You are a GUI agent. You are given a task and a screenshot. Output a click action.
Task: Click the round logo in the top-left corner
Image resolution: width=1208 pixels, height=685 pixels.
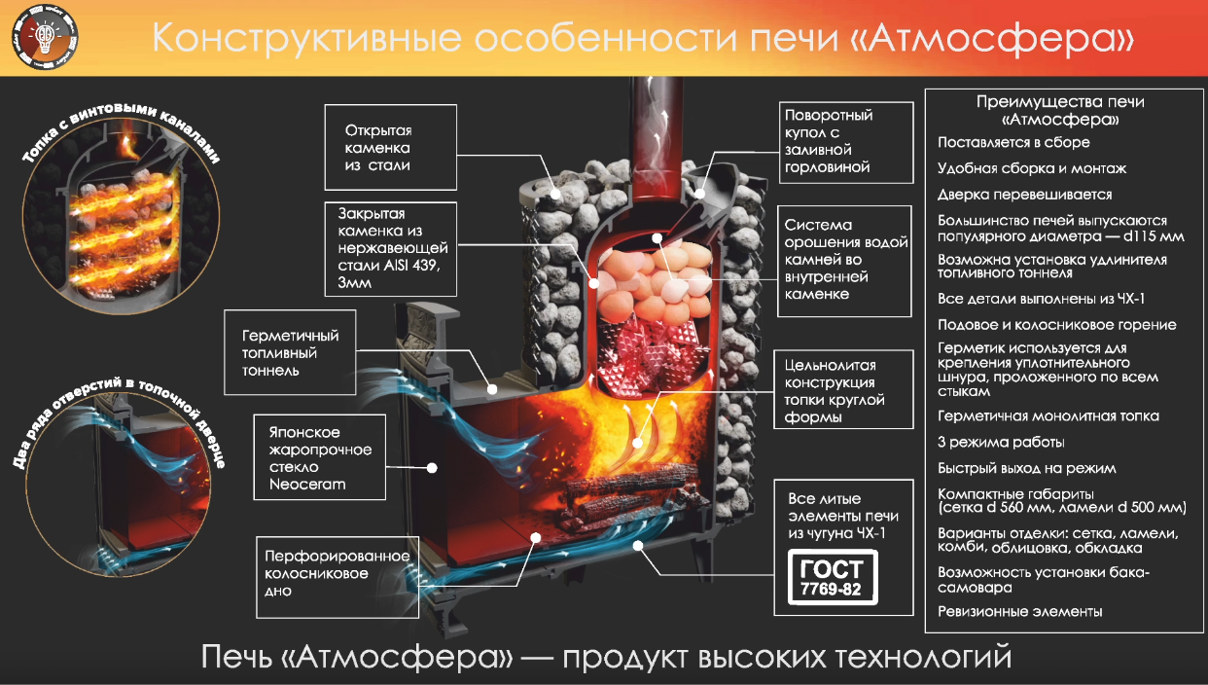click(x=46, y=37)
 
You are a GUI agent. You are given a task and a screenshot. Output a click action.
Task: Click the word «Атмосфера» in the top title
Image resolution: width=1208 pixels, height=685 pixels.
click(x=993, y=39)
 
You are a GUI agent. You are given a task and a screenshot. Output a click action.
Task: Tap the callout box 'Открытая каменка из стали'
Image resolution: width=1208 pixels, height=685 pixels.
click(x=390, y=147)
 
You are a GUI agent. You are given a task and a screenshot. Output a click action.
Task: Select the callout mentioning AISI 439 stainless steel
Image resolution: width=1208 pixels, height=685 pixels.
click(x=390, y=249)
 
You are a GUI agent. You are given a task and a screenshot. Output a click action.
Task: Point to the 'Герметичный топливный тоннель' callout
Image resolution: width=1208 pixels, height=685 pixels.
click(x=290, y=352)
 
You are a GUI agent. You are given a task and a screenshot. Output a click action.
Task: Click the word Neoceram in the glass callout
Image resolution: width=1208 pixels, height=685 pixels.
click(x=307, y=484)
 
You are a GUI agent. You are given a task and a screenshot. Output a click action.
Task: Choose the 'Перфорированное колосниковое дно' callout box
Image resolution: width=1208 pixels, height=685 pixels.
click(x=338, y=577)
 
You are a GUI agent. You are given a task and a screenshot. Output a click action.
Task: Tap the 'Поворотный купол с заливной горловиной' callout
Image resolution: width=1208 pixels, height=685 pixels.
click(x=846, y=142)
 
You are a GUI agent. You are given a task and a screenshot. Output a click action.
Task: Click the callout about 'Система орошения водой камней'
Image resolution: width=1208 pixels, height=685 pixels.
click(x=844, y=261)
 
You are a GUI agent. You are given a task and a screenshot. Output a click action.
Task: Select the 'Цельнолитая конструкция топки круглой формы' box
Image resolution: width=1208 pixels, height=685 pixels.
click(x=843, y=389)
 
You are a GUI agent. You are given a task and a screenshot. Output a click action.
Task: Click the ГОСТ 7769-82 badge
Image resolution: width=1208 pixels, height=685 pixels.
click(x=833, y=577)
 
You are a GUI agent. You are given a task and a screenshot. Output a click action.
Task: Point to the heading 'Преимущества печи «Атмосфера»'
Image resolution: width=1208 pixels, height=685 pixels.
click(x=1060, y=111)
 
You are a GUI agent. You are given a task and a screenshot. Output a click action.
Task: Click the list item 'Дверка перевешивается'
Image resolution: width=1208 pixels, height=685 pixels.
click(x=1024, y=195)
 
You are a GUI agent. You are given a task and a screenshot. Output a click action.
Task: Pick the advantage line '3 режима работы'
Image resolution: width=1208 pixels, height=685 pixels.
click(x=1001, y=443)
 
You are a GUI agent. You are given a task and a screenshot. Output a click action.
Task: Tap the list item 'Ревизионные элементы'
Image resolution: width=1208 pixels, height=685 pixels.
click(x=1019, y=612)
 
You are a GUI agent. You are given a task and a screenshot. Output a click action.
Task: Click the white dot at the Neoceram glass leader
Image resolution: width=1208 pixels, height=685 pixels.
click(x=432, y=468)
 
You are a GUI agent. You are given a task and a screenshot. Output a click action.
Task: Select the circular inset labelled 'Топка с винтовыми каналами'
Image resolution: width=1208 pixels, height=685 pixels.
click(x=122, y=216)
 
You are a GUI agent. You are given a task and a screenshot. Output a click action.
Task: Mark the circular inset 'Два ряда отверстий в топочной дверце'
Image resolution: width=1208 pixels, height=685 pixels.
click(x=119, y=485)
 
